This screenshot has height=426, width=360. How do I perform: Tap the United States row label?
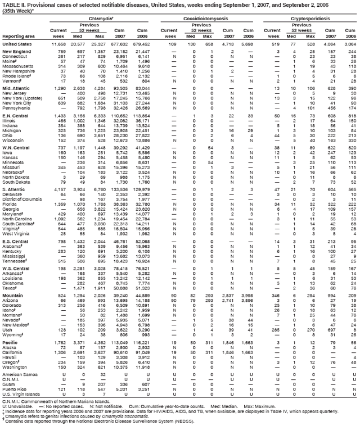(17, 43)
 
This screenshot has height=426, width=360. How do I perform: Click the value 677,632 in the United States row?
(120, 43)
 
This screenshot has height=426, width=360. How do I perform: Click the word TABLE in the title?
(9, 4)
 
